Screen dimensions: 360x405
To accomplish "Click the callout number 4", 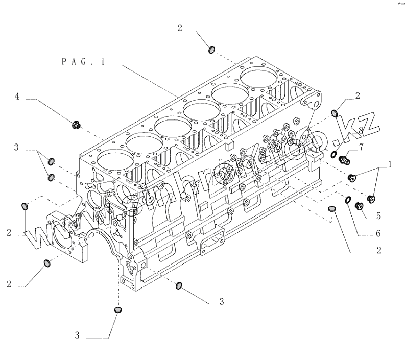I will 16,95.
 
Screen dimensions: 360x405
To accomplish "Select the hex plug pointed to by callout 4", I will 77,124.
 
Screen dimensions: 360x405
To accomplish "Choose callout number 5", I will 378,215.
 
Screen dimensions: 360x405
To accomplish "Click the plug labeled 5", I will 359,206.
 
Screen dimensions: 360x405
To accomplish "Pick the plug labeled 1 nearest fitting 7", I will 352,178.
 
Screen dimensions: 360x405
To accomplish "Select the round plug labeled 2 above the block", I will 212,49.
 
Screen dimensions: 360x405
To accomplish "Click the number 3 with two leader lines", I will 16,148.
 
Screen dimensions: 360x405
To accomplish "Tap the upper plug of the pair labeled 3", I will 51,161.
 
